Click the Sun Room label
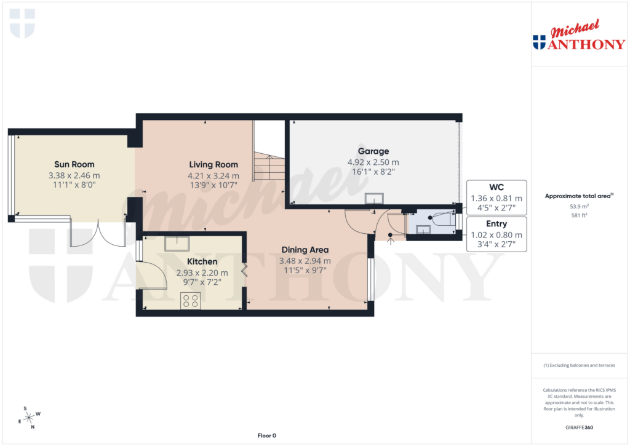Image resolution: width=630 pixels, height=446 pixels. (x=74, y=164)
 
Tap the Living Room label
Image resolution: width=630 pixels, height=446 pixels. (x=213, y=165)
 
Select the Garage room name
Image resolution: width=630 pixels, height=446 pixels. (x=373, y=151)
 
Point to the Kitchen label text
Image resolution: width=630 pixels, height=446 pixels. (x=202, y=262)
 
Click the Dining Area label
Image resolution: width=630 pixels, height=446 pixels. (x=305, y=250)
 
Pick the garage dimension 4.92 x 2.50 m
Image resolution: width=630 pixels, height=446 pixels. (x=373, y=162)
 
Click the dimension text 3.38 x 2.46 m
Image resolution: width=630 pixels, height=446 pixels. (x=74, y=175)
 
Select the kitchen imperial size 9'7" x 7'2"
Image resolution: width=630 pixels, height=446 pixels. (x=202, y=284)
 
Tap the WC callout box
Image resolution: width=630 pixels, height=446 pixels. (x=496, y=197)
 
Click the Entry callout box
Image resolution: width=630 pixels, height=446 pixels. (x=496, y=234)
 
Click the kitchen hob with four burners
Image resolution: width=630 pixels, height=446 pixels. (x=190, y=300)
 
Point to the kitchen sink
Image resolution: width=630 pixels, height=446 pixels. (x=177, y=242)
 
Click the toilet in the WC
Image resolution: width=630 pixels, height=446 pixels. (x=442, y=218)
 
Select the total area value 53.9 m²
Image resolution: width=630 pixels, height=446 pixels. (x=578, y=207)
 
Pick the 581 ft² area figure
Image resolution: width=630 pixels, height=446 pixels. (x=578, y=215)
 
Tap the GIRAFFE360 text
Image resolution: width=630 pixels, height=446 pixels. (x=579, y=427)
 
